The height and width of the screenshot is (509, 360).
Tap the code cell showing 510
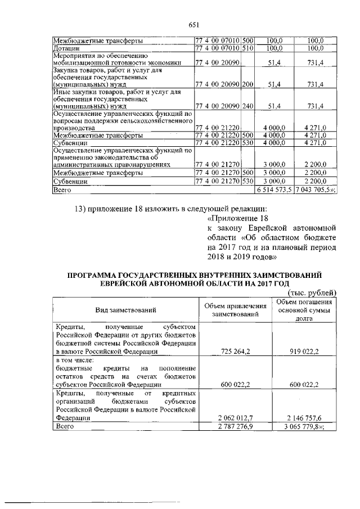click(247, 49)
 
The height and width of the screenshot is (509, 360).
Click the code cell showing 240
click(247, 106)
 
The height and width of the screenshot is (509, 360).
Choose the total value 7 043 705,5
click(314, 191)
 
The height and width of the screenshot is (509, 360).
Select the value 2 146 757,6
click(305, 418)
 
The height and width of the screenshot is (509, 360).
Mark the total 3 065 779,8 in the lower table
click(305, 427)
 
